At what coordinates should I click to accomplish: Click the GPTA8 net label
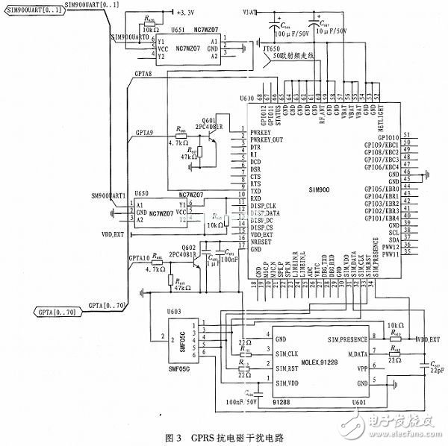[x=143, y=76]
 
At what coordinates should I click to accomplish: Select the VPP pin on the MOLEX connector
[x=363, y=368]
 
